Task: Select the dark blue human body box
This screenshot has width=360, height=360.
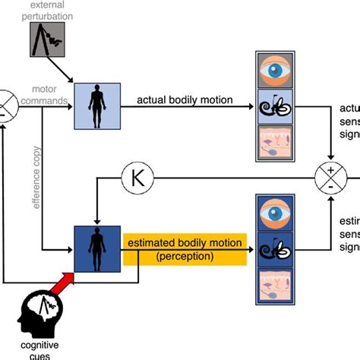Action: tap(97, 248)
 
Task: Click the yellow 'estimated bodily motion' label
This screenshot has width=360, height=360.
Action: tap(185, 243)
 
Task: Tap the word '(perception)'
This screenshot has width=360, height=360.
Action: tap(185, 257)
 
